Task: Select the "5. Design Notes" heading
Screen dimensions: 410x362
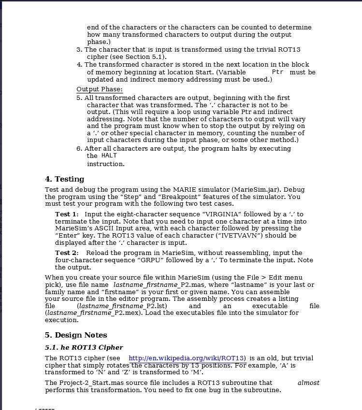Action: pyautogui.click(x=76, y=335)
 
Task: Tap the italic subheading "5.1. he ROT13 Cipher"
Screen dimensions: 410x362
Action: pyautogui.click(x=84, y=347)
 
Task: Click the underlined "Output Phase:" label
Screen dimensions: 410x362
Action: pyautogui.click(x=100, y=89)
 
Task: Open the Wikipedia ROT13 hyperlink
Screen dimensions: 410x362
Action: pyautogui.click(x=188, y=358)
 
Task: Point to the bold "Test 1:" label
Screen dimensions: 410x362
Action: pyautogui.click(x=67, y=214)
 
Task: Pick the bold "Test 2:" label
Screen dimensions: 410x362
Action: pyautogui.click(x=67, y=253)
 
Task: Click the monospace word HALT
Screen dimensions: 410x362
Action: pyautogui.click(x=109, y=156)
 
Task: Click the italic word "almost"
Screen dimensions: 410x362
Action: pyautogui.click(x=308, y=382)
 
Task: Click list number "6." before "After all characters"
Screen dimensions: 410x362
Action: pyautogui.click(x=79, y=149)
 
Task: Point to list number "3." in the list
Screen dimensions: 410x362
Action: pyautogui.click(x=79, y=50)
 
